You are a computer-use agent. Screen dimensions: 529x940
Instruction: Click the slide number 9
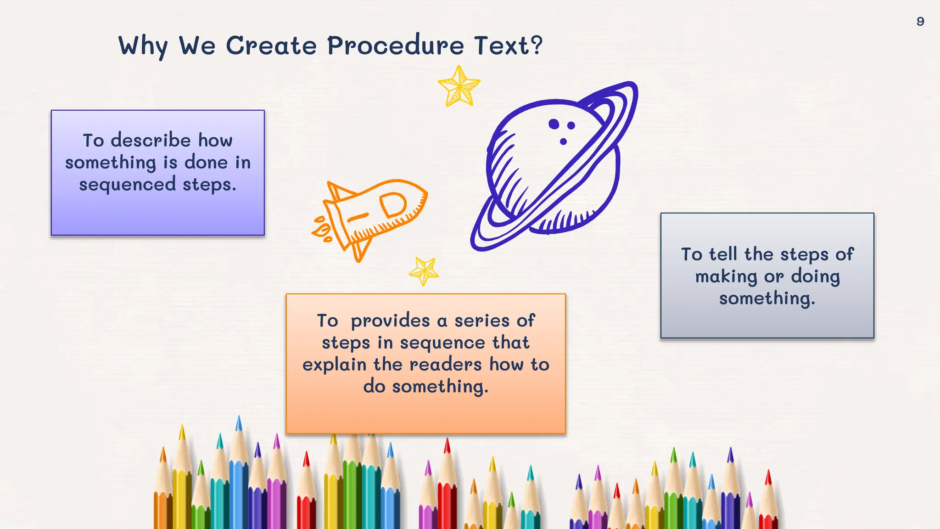920,22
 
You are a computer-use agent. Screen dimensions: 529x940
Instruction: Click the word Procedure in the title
395,46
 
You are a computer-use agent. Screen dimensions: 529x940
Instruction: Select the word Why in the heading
143,46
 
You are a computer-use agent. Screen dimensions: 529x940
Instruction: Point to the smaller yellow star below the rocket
424,271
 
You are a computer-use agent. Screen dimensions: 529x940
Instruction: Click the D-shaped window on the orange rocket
393,204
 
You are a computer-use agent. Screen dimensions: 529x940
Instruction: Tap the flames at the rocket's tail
322,228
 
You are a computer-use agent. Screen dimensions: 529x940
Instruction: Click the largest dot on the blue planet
554,124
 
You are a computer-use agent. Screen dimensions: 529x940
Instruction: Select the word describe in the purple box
151,140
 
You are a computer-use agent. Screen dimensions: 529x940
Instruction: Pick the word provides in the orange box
390,321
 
